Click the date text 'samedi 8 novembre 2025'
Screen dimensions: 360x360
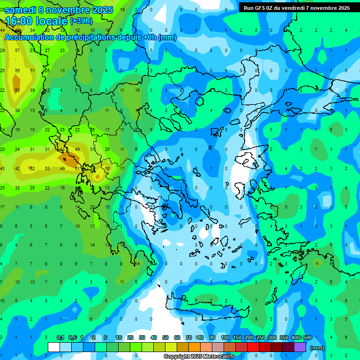[58, 10]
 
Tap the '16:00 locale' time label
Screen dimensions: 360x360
[36, 21]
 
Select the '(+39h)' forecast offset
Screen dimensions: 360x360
[82, 21]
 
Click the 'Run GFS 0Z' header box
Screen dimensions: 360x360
[296, 7]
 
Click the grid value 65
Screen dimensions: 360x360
[17, 90]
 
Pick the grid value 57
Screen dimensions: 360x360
[17, 51]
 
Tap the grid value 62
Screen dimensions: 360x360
[32, 168]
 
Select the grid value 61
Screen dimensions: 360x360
[77, 168]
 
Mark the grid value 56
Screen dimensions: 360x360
[107, 168]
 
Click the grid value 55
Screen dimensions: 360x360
[17, 71]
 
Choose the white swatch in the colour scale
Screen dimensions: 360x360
[54, 347]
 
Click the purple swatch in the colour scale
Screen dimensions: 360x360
[300, 347]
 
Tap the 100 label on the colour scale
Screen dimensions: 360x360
[225, 337]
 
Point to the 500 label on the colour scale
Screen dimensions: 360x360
[307, 337]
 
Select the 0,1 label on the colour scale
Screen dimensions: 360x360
[60, 337]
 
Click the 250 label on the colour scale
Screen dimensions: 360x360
[260, 337]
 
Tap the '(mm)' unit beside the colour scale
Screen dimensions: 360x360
[317, 348]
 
